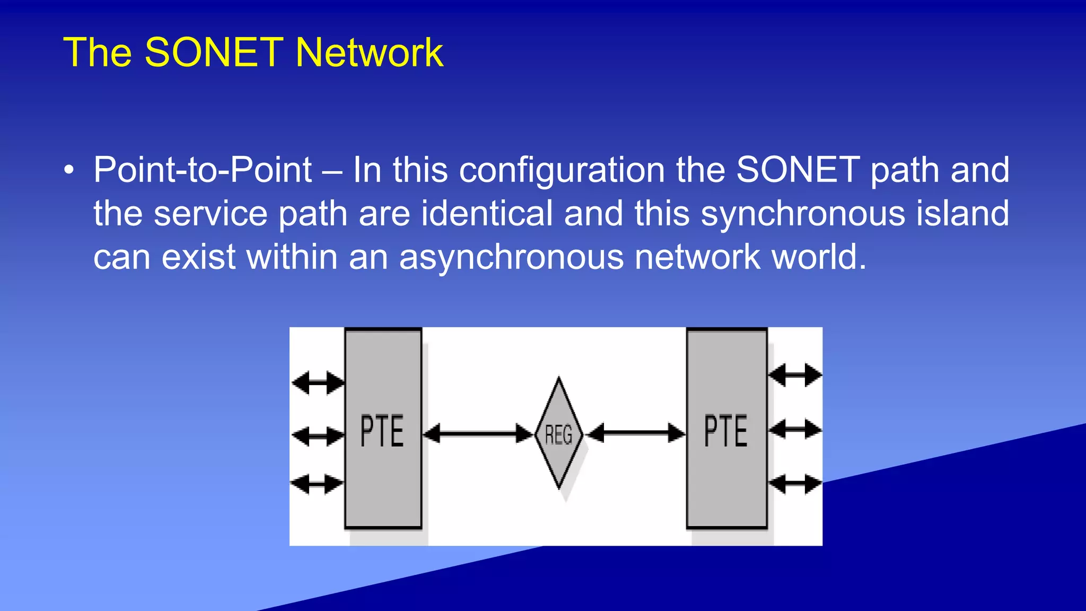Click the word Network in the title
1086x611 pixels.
click(x=369, y=53)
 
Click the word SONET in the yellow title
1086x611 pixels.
click(x=214, y=53)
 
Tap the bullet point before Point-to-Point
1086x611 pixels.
click(x=68, y=171)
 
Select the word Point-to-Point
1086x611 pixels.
click(x=203, y=170)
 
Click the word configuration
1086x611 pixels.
click(x=562, y=170)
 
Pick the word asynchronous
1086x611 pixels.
click(x=511, y=257)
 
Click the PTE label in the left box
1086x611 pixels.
click(x=382, y=431)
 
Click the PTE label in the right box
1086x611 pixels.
click(x=725, y=431)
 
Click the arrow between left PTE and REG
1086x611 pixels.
click(x=478, y=433)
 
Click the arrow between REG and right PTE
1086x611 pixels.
click(x=636, y=433)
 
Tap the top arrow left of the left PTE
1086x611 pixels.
click(x=318, y=382)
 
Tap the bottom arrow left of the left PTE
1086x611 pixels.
click(x=317, y=484)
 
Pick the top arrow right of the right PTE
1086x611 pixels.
click(x=794, y=375)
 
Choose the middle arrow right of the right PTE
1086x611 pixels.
click(x=794, y=429)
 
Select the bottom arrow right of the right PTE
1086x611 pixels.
click(x=794, y=484)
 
